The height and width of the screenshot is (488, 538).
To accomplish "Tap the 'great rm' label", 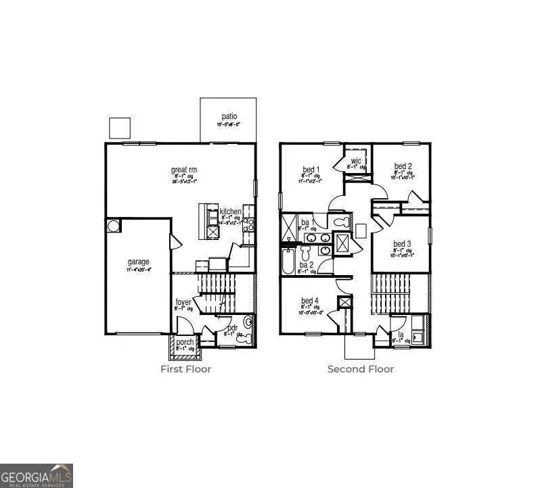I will (183, 170).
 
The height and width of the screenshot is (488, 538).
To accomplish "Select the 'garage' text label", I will (139, 262).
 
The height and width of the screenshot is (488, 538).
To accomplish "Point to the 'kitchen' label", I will (230, 212).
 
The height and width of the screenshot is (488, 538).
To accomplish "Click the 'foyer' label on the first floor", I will (183, 301).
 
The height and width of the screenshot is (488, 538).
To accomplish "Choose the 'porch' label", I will (185, 342).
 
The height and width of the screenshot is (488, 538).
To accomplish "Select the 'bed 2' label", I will (403, 166).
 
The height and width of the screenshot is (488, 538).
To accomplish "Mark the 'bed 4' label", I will (311, 301).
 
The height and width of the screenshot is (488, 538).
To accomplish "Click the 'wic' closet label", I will (356, 161).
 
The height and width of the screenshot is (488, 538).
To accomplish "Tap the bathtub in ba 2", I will (288, 261).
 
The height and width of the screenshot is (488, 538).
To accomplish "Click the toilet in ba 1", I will (340, 222).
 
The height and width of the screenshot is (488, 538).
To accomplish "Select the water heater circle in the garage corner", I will (113, 225).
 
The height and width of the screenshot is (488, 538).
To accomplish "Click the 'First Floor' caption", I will (185, 369).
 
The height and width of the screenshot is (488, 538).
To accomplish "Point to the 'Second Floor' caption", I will (360, 369).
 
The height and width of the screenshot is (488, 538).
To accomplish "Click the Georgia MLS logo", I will (37, 475).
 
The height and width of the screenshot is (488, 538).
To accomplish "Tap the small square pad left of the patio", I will (119, 127).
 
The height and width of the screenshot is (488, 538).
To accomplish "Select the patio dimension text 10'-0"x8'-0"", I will (227, 125).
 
